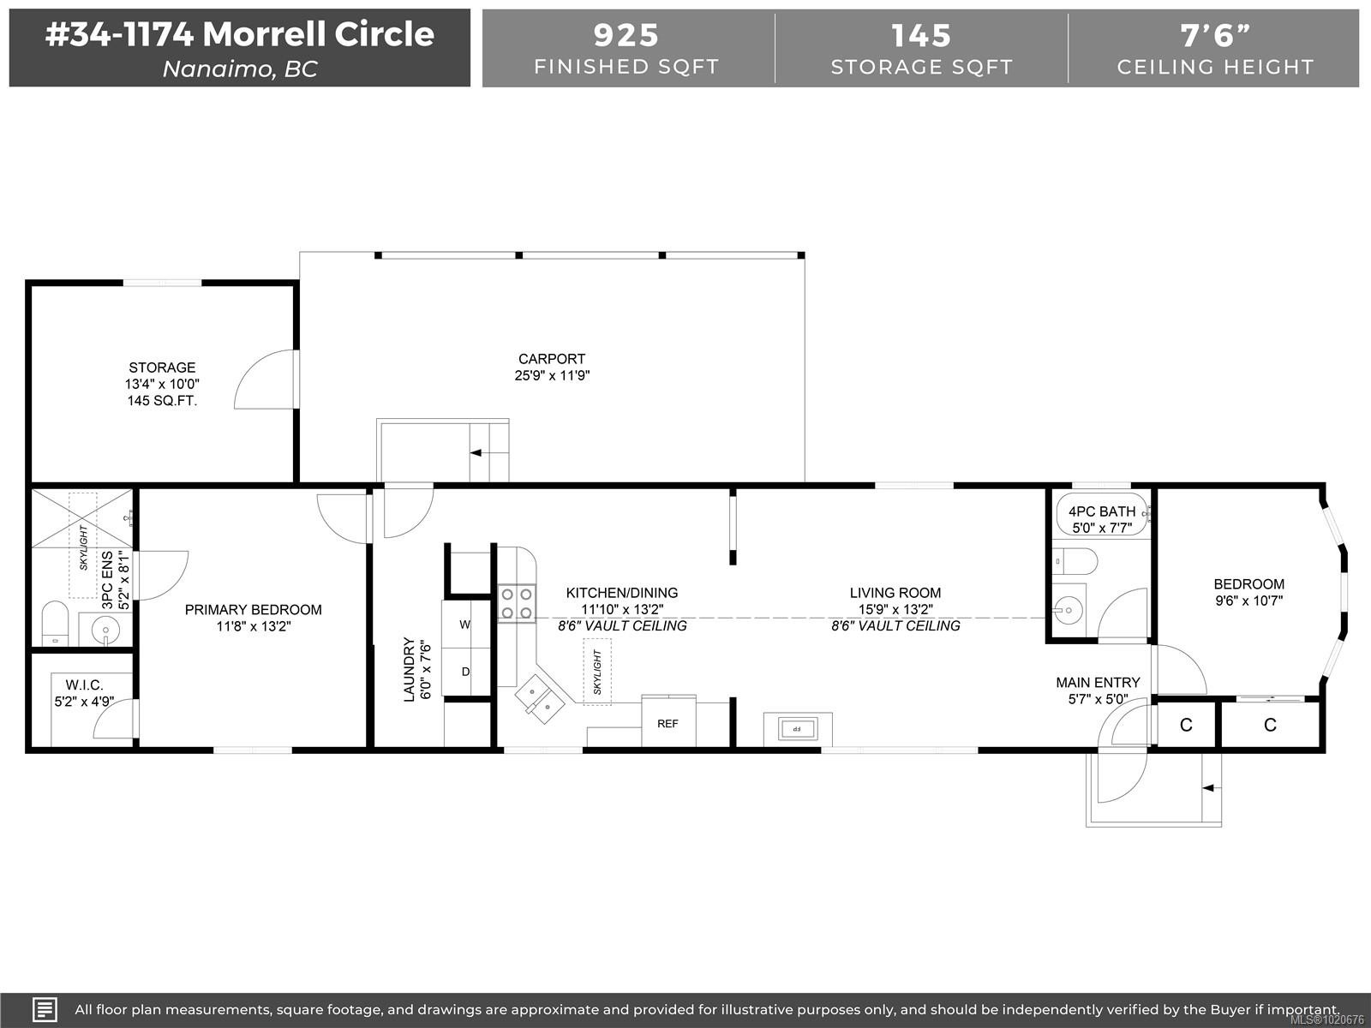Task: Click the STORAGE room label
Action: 162,368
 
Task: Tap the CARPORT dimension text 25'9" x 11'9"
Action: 552,375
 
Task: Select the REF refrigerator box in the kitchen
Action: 668,724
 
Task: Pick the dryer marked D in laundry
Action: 465,672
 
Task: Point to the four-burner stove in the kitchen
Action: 516,602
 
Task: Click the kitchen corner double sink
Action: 538,696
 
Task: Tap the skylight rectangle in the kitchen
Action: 597,672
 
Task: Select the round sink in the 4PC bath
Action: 1068,611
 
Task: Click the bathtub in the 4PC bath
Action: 1101,514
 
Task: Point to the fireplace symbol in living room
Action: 797,729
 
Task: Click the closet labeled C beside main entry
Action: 1186,726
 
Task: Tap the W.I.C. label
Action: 84,685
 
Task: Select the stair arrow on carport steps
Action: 476,452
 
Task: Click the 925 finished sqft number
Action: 626,35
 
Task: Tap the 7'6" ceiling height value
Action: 1214,35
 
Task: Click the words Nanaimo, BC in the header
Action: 240,69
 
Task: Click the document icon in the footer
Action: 45,1009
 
